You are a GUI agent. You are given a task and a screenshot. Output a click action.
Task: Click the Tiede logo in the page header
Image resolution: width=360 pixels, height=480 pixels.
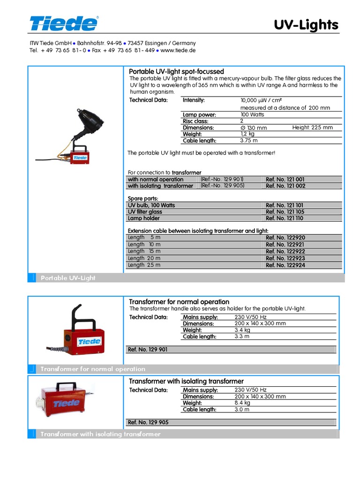pyautogui.click(x=64, y=23)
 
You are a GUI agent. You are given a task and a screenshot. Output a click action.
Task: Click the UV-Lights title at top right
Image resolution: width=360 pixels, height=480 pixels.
pyautogui.click(x=306, y=25)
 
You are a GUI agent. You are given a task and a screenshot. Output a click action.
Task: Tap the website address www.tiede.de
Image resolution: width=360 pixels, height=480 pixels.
pyautogui.click(x=178, y=50)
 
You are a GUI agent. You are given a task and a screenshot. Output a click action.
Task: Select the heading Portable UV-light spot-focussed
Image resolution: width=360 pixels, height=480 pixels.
pyautogui.click(x=176, y=71)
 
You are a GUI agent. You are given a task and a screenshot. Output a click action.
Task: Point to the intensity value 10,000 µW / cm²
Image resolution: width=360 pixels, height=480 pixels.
pyautogui.click(x=261, y=100)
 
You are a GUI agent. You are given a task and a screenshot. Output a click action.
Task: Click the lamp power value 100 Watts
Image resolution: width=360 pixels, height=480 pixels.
pyautogui.click(x=252, y=114)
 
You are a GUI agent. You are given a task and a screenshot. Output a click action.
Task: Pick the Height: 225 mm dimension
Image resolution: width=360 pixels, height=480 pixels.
pyautogui.click(x=312, y=127)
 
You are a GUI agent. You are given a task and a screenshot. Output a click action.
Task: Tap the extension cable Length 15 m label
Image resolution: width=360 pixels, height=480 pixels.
pyautogui.click(x=144, y=251)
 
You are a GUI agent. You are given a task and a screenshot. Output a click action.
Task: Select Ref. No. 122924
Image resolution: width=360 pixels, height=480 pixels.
pyautogui.click(x=285, y=265)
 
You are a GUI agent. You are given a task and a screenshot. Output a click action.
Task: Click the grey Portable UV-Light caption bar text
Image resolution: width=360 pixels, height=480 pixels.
pyautogui.click(x=68, y=278)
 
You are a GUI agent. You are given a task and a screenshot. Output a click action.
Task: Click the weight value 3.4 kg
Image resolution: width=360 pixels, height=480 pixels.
pyautogui.click(x=242, y=330)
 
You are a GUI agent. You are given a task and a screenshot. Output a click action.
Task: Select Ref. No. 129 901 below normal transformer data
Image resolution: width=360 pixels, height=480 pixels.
pyautogui.click(x=148, y=350)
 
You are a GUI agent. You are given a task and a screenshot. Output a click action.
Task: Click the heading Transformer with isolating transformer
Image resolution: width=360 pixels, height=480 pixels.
pyautogui.click(x=186, y=381)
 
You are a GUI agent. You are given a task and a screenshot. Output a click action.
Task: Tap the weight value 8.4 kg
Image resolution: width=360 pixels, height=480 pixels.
pyautogui.click(x=242, y=403)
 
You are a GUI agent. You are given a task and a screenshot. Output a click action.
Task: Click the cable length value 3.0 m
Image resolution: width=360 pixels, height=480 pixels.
pyautogui.click(x=242, y=409)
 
